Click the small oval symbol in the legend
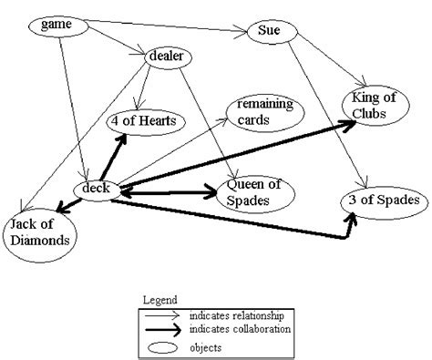[x=163, y=346]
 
